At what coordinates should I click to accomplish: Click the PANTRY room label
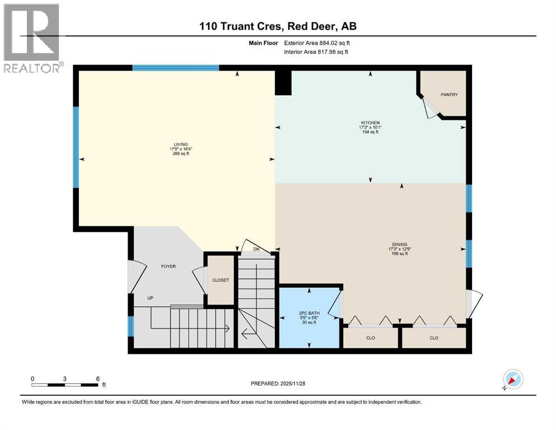(449, 95)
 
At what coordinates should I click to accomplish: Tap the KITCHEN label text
(370, 123)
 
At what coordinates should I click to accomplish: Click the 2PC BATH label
(309, 314)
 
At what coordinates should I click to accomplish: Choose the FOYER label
(169, 266)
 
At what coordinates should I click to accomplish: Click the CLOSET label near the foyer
(221, 280)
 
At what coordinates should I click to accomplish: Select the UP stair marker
(150, 298)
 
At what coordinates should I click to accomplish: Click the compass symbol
(513, 379)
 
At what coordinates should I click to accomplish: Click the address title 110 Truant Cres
(278, 26)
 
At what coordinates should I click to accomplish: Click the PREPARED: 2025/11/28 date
(278, 384)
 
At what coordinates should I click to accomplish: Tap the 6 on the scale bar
(97, 378)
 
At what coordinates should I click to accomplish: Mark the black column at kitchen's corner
(283, 83)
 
